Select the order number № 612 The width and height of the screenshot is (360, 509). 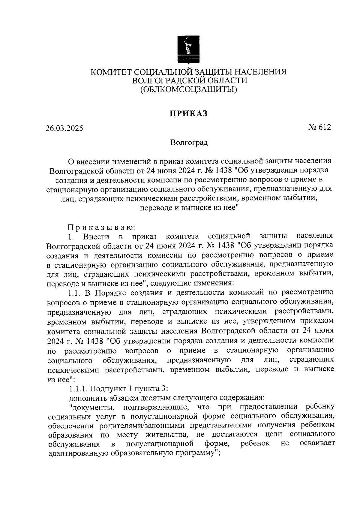319,127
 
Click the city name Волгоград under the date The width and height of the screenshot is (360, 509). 189,142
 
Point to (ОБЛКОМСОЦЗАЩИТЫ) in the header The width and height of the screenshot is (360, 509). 189,89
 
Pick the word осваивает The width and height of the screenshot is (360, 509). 317,444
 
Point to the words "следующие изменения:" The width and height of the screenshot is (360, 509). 191,283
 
